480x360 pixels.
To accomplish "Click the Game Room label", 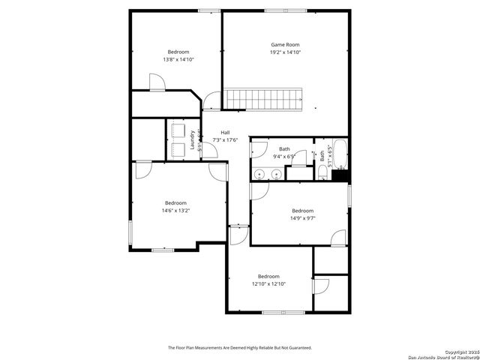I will coord(286,45).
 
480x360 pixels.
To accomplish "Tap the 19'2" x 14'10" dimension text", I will coord(286,52).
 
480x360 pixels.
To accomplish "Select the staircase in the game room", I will coord(264,98).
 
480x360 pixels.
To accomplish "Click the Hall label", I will coord(225,132).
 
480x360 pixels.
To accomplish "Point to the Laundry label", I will coord(193,141).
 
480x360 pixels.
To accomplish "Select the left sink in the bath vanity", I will coord(259,174).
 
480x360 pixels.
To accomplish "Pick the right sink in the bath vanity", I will coord(277,174).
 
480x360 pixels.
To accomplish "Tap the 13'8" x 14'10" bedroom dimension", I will coord(178,59).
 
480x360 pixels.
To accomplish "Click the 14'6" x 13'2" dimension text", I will coord(175,211).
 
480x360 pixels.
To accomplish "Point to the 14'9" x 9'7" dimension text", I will coord(302,218).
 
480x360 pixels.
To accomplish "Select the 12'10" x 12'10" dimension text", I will coord(268,283).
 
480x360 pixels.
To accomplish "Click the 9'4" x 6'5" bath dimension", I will coord(284,156).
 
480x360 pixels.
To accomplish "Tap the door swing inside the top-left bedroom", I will coord(156,82).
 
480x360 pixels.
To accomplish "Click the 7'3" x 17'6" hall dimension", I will coord(225,139).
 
